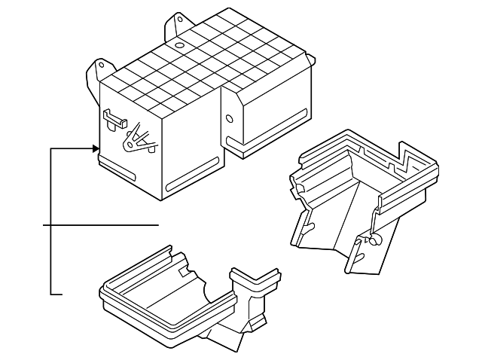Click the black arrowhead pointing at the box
point(96,149)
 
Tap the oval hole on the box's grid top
point(180,44)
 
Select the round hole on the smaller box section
point(228,117)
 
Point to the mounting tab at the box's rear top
point(178,23)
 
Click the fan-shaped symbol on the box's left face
point(137,139)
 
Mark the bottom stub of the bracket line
point(56,292)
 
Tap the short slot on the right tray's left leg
point(310,222)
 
